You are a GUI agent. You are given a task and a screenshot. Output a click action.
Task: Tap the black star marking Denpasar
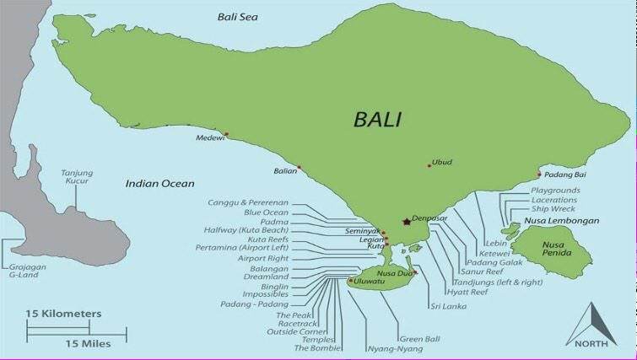(x=407, y=222)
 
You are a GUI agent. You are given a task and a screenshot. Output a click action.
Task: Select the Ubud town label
(x=442, y=162)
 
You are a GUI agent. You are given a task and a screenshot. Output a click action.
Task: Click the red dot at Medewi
(x=225, y=136)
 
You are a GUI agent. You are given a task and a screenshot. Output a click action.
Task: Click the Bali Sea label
(x=238, y=16)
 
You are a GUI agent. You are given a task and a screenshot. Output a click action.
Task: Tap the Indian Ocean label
(x=159, y=183)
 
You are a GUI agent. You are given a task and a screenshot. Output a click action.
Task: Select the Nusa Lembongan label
(x=562, y=221)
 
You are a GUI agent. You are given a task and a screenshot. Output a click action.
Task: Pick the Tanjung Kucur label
(x=77, y=177)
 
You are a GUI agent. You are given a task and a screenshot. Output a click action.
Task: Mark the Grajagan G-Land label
(x=26, y=270)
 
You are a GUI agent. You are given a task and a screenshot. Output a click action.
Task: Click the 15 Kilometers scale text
(x=63, y=314)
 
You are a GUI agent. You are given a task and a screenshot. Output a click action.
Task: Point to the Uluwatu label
(x=369, y=281)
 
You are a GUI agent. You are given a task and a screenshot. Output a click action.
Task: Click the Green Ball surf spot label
(x=397, y=340)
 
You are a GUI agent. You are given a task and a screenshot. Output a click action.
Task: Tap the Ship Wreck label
(x=553, y=208)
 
